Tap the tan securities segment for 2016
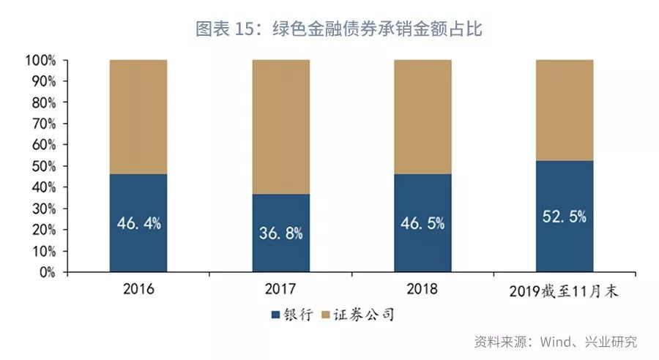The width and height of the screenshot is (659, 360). click(x=138, y=116)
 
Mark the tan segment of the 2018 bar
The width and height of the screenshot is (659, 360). click(x=422, y=116)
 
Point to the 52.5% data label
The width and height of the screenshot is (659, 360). click(x=564, y=217)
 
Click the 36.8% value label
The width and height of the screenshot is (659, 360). click(x=280, y=233)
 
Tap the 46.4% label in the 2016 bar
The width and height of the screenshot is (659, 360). click(x=138, y=223)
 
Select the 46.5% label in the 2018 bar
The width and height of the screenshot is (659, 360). click(x=422, y=223)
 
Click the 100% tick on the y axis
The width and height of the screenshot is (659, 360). click(x=40, y=60)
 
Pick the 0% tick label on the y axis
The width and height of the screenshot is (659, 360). click(x=46, y=272)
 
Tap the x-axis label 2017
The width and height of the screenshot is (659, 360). click(x=280, y=289)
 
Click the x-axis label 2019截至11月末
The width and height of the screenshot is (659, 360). click(x=564, y=290)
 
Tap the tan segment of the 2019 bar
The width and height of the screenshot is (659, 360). click(x=564, y=110)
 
